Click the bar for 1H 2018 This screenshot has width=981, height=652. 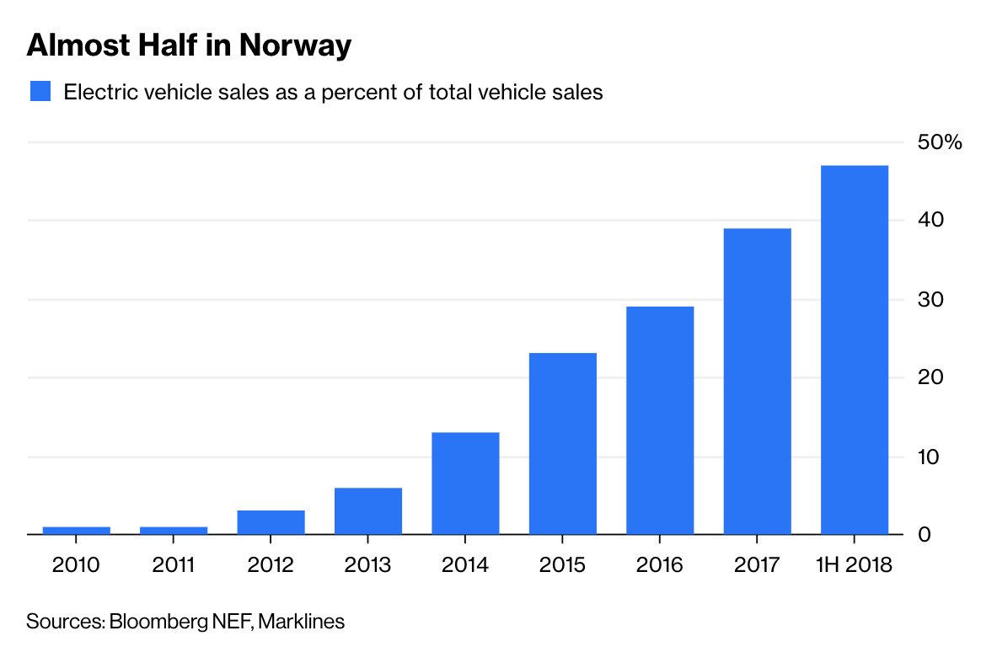point(853,350)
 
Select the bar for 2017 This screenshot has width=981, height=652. point(756,381)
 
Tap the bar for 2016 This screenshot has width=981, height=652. point(659,420)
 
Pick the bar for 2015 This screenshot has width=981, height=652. point(562,443)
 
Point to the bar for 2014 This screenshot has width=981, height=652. point(465,483)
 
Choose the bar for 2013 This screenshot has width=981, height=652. point(368,510)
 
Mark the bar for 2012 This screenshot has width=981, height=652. point(271,522)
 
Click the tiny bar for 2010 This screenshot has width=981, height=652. point(77,530)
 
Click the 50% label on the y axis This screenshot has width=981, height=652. point(939,142)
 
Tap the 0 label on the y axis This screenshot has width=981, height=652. point(925,535)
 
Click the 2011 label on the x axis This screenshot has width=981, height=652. point(174,564)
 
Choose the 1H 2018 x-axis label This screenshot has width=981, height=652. point(853,564)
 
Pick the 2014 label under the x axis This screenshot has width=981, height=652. point(465,564)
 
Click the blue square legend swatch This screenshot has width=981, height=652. point(40,92)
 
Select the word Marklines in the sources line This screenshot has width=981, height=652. point(301,623)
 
